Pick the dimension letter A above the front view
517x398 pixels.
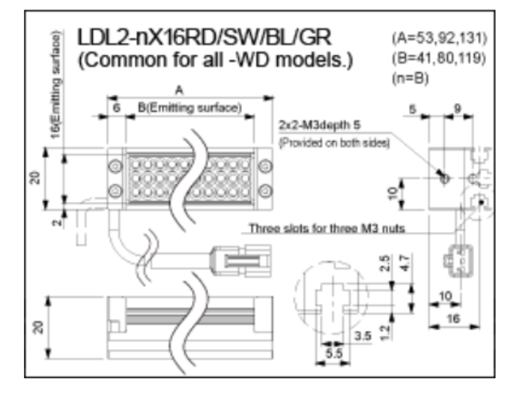(178, 89)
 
